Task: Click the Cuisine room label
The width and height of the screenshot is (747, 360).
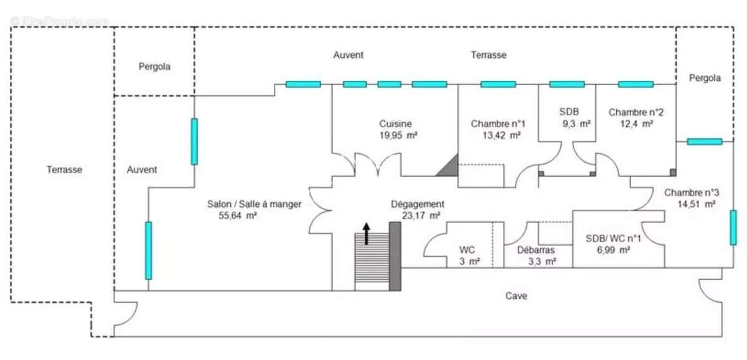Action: (x=396, y=124)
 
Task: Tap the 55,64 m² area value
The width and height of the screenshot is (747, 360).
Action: (x=234, y=216)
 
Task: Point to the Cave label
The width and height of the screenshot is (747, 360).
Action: (x=516, y=296)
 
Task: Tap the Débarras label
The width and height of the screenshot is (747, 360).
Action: (x=536, y=250)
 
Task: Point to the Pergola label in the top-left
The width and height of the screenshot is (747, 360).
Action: (x=154, y=66)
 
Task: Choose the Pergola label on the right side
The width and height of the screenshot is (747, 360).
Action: (x=705, y=78)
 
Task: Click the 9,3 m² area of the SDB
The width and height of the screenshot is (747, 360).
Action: (x=576, y=124)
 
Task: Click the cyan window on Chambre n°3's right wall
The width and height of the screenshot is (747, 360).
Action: (x=733, y=227)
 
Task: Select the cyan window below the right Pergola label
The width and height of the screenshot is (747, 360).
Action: (x=705, y=141)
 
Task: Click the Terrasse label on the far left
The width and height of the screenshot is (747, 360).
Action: (x=64, y=169)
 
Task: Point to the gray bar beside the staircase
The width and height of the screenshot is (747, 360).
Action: (x=395, y=256)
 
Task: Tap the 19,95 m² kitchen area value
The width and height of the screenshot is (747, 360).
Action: (x=398, y=135)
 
